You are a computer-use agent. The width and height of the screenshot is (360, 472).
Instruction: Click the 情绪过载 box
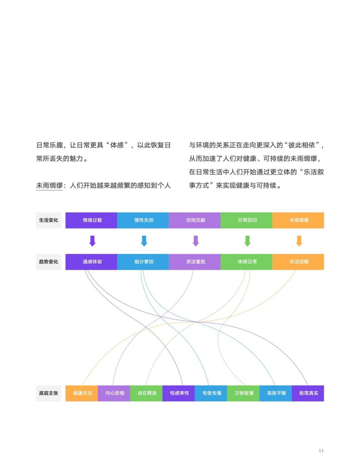tap(92, 220)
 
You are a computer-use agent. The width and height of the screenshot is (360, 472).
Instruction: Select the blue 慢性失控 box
tap(143, 220)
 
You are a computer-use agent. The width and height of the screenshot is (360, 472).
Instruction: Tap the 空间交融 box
tap(195, 220)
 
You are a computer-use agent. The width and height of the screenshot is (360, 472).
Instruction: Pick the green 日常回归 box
tap(247, 220)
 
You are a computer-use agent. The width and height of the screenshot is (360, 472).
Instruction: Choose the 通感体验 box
tap(92, 261)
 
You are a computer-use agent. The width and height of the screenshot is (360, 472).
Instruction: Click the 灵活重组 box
tap(195, 261)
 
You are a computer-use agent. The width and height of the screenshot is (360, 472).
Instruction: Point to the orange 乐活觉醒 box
tap(298, 261)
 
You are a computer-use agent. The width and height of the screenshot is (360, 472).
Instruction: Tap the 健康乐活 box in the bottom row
tap(82, 393)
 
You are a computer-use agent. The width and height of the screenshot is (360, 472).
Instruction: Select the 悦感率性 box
tap(178, 393)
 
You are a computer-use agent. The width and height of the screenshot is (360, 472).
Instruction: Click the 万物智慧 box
tap(243, 393)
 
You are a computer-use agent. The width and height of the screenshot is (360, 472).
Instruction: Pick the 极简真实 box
tap(308, 393)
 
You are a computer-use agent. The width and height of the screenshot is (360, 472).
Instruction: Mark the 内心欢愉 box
tap(114, 393)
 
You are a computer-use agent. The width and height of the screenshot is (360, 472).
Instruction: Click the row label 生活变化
tap(48, 220)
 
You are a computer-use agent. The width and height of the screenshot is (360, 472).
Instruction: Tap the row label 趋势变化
tap(48, 261)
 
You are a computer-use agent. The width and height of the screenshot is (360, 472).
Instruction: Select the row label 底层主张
tap(48, 393)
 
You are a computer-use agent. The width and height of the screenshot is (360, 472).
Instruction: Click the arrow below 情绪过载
tap(93, 241)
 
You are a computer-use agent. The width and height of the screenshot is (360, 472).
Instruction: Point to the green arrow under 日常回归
tap(247, 241)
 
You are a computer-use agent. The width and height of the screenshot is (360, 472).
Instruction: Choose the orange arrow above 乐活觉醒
tap(299, 241)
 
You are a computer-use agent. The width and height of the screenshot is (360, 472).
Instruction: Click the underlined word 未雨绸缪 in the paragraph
tap(49, 186)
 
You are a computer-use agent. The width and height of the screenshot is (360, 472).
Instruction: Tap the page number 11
tap(321, 450)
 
